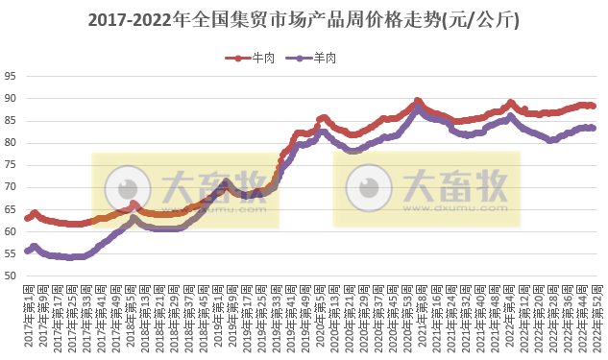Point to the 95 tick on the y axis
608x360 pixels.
point(10,76)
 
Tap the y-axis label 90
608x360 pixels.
point(10,98)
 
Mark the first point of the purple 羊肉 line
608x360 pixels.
point(27,252)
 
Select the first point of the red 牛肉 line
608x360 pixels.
point(27,219)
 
